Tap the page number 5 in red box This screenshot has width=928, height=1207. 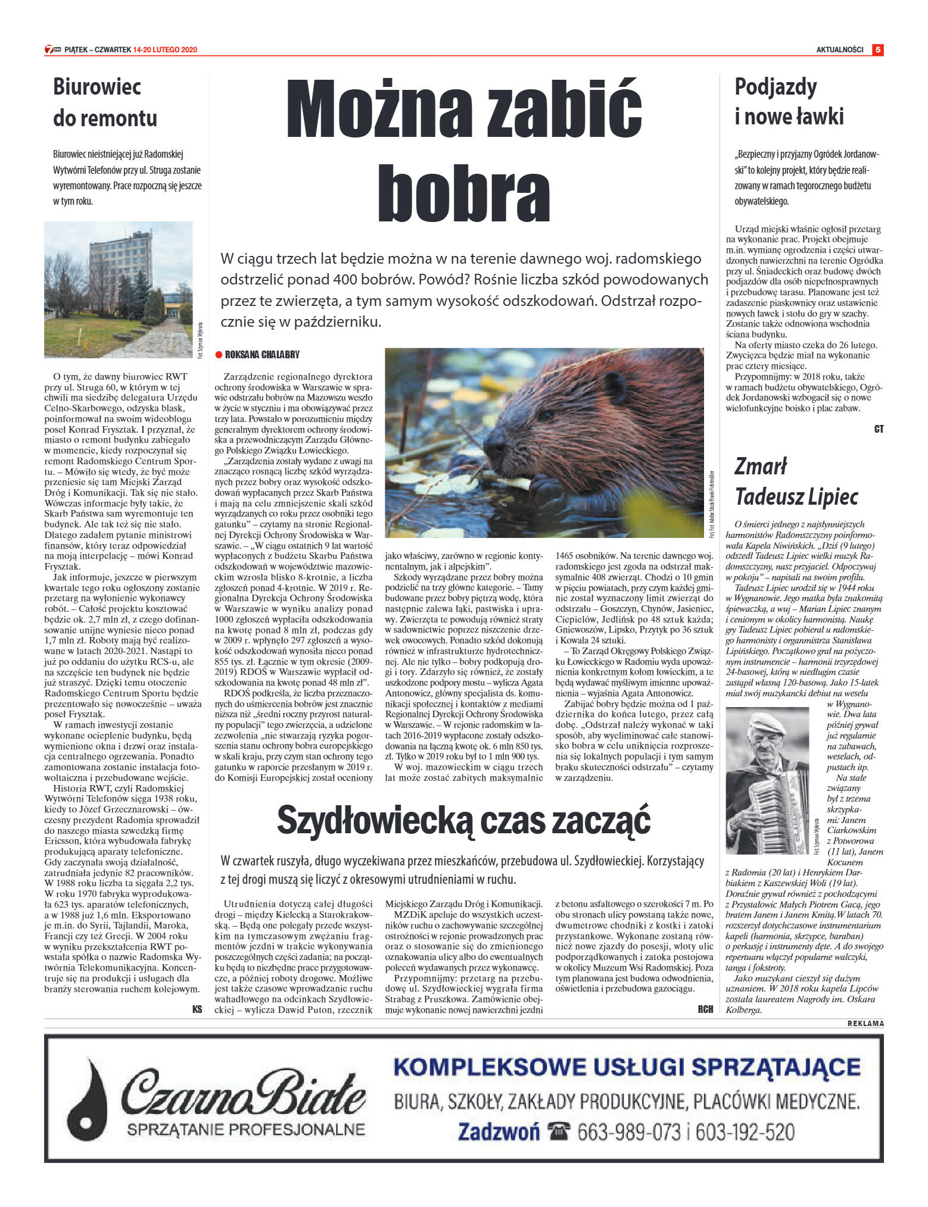(x=877, y=50)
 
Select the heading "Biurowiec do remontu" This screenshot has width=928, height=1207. (x=105, y=102)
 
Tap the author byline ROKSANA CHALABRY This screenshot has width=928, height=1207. (x=262, y=355)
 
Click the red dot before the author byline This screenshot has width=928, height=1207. (x=219, y=355)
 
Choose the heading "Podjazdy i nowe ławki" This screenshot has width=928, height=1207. (x=789, y=102)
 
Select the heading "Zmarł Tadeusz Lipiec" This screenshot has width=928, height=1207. (x=796, y=481)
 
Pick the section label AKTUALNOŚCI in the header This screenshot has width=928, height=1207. (x=839, y=50)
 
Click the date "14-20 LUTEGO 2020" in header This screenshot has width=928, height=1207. (x=165, y=50)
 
